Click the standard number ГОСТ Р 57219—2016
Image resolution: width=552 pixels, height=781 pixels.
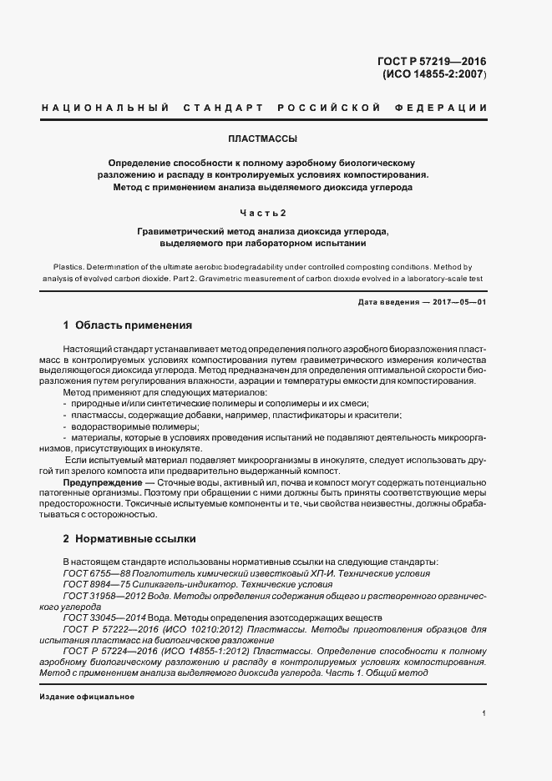click(434, 61)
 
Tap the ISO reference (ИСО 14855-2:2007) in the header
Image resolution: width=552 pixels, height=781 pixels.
click(434, 74)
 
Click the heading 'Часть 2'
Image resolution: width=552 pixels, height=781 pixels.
click(262, 212)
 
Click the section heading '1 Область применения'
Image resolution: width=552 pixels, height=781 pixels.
click(128, 325)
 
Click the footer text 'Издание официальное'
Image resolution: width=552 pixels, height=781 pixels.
click(87, 696)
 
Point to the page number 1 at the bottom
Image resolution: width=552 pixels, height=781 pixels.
click(484, 713)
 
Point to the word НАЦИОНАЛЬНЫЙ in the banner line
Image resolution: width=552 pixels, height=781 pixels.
click(104, 108)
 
